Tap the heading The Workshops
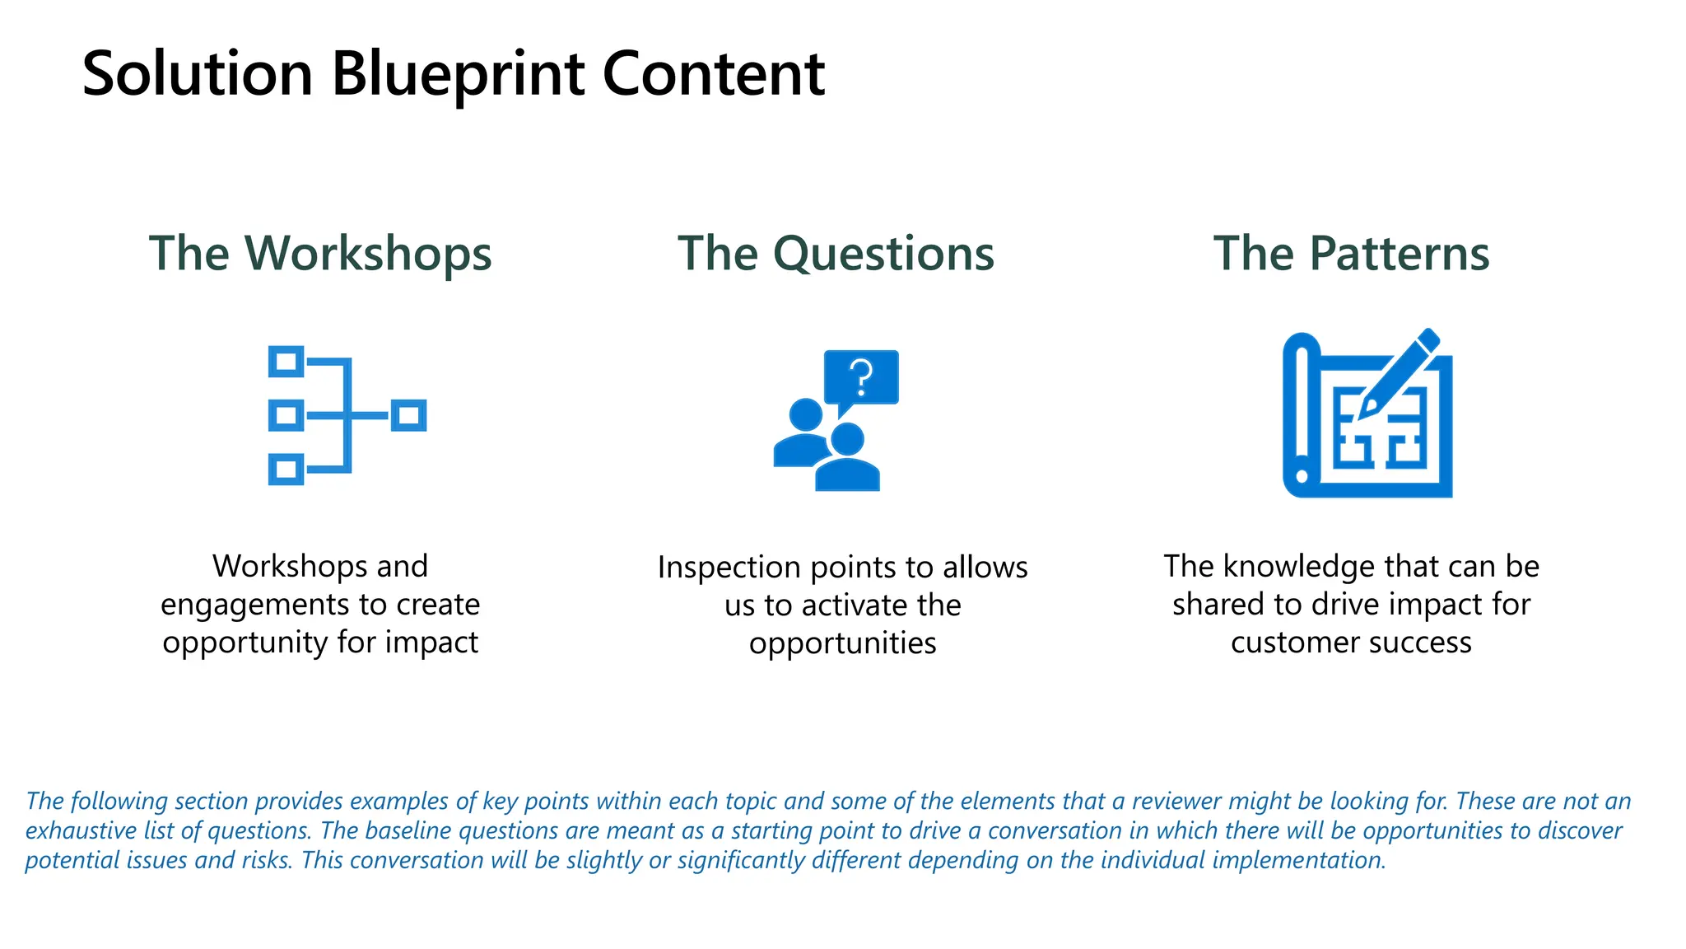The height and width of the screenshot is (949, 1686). click(x=320, y=253)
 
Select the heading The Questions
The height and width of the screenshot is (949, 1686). click(x=836, y=253)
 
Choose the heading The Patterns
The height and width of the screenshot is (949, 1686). click(x=1351, y=253)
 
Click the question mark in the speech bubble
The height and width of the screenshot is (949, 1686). click(x=862, y=377)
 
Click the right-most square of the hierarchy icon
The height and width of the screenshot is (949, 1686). click(x=408, y=415)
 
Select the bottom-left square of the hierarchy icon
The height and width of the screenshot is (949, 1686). click(x=286, y=470)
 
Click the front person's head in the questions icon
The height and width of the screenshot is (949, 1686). click(x=847, y=440)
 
